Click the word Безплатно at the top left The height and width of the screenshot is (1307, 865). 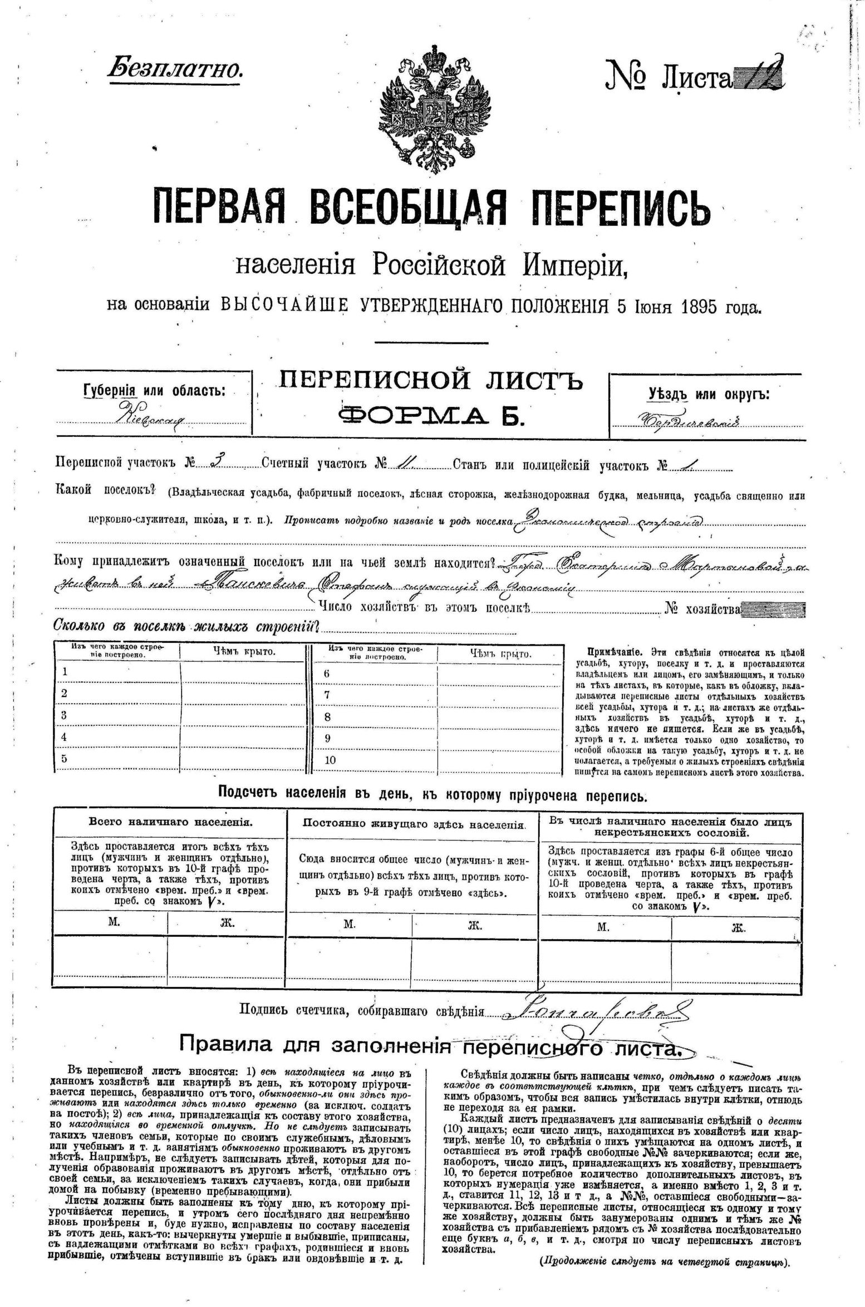(x=174, y=68)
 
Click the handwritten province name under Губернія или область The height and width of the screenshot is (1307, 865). (x=151, y=416)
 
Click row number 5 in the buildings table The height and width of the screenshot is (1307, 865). (x=64, y=758)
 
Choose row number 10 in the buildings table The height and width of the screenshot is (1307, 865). (x=330, y=760)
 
